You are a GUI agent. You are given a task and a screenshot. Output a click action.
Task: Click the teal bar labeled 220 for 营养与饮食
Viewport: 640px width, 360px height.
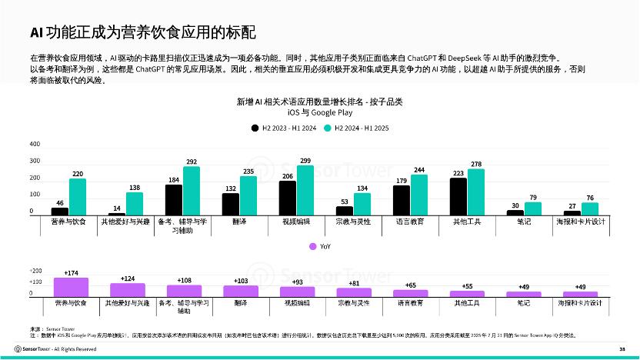pyautogui.click(x=78, y=197)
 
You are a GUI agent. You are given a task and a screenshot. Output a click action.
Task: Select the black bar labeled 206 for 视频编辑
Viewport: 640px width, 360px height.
pyautogui.click(x=288, y=198)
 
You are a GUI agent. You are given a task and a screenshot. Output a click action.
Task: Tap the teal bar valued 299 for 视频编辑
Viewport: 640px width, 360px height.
pyautogui.click(x=305, y=190)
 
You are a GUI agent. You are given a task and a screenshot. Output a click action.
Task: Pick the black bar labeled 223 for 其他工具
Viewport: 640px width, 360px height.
pyautogui.click(x=458, y=196)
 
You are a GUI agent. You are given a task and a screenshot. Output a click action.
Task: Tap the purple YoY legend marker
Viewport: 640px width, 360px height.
pyautogui.click(x=313, y=246)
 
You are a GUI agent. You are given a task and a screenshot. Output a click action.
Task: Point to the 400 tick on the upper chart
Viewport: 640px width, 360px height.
pyautogui.click(x=35, y=145)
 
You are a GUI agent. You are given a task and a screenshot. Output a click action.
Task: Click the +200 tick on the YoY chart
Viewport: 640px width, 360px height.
pyautogui.click(x=35, y=272)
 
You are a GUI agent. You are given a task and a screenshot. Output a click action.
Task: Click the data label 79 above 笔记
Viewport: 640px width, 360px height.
pyautogui.click(x=532, y=198)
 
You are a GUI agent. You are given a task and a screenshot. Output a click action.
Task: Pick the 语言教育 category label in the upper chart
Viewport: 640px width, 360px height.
pyautogui.click(x=410, y=222)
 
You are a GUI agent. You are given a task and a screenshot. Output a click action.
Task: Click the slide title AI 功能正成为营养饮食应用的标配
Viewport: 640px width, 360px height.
pyautogui.click(x=142, y=32)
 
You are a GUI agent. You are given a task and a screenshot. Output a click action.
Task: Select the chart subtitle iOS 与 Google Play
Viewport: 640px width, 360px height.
pyautogui.click(x=319, y=112)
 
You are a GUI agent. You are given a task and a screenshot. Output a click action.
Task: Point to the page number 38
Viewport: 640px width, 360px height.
pyautogui.click(x=622, y=348)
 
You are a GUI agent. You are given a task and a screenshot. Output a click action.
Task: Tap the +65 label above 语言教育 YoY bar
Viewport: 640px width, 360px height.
pyautogui.click(x=410, y=285)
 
